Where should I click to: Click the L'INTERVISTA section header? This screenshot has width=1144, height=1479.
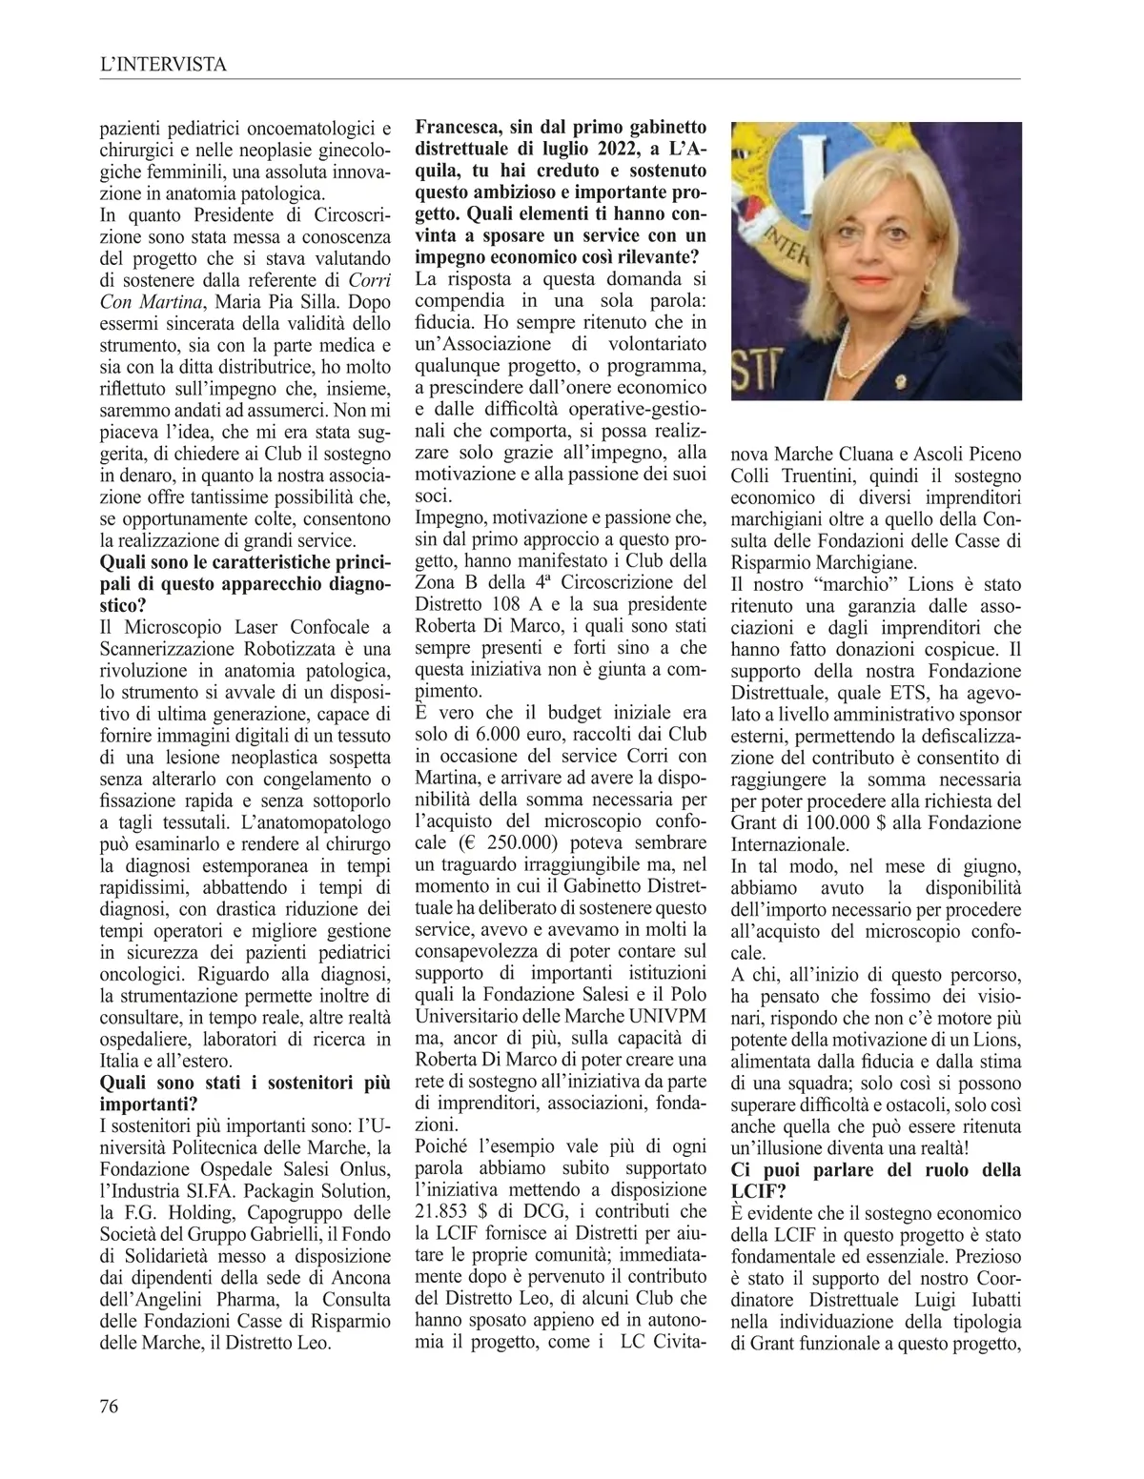(163, 65)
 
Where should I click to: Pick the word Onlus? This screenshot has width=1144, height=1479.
(363, 1169)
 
